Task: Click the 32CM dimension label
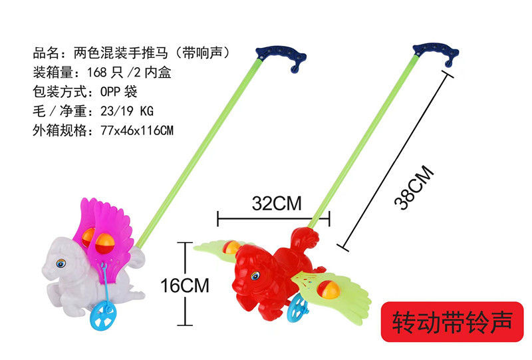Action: click(x=277, y=204)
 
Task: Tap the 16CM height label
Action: click(x=185, y=285)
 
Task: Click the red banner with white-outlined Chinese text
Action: click(x=452, y=321)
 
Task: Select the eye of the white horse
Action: click(x=61, y=264)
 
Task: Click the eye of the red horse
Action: click(x=255, y=275)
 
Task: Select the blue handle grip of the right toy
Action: click(x=437, y=53)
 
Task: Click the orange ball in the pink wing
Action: click(x=105, y=244)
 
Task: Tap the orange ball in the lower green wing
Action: click(x=329, y=289)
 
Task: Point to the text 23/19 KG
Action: click(x=127, y=111)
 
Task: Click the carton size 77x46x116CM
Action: click(x=137, y=130)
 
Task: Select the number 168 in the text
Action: click(x=97, y=73)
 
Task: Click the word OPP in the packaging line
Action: click(x=110, y=92)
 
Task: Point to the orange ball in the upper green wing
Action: click(x=231, y=248)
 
